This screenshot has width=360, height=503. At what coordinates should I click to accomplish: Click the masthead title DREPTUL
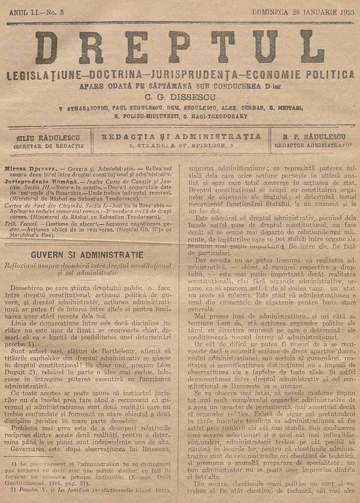click(x=179, y=48)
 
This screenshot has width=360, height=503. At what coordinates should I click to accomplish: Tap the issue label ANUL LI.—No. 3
click(x=43, y=12)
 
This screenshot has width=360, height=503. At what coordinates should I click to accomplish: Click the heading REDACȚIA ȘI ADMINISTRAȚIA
click(x=181, y=136)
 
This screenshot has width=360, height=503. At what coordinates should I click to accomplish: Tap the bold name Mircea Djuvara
click(x=26, y=164)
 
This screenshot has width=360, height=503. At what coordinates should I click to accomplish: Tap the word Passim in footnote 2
click(x=26, y=488)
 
